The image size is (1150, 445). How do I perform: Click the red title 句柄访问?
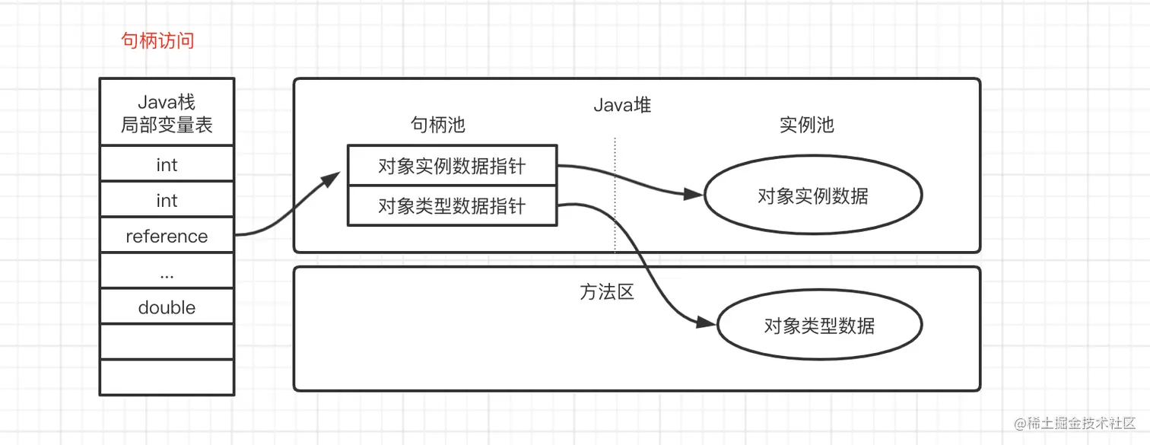tap(158, 40)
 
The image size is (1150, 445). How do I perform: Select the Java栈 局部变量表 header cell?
tap(167, 113)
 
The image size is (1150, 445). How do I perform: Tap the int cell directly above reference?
tap(167, 200)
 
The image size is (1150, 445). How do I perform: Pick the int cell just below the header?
tap(167, 164)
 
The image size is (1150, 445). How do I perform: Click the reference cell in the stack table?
tap(167, 236)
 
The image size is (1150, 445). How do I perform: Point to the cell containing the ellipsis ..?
tap(167, 271)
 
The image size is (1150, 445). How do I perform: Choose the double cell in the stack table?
tap(167, 307)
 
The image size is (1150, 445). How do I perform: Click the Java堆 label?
tap(622, 105)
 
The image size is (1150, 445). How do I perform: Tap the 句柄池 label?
tap(438, 125)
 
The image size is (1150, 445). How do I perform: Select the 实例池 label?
tap(807, 125)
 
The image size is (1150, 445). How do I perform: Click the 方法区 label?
tap(607, 292)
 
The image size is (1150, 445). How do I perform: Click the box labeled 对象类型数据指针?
tap(452, 206)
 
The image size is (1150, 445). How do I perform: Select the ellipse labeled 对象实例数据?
tap(813, 195)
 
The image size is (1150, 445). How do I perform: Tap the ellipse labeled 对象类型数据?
tap(819, 326)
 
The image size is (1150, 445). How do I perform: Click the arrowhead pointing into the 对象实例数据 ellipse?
tap(694, 194)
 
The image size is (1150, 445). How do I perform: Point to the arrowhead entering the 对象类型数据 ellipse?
tap(707, 323)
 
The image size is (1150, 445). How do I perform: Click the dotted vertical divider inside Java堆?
tap(615, 194)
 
